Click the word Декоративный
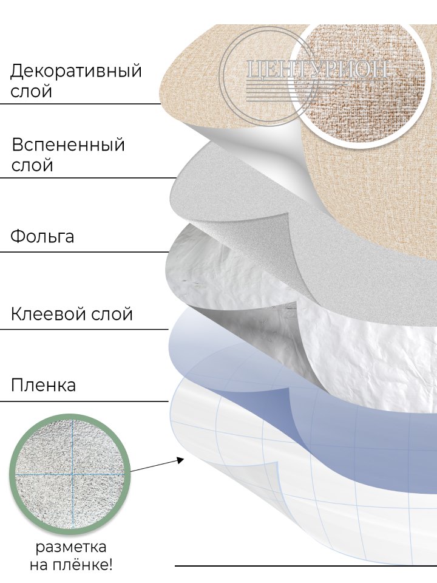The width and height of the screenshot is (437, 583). [x=76, y=71]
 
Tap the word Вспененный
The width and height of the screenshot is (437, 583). [x=68, y=145]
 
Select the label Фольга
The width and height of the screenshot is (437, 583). [x=42, y=236]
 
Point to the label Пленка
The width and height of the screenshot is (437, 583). [x=43, y=385]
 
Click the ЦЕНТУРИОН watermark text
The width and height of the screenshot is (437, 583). [x=316, y=69]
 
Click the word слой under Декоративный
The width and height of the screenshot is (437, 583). [x=31, y=92]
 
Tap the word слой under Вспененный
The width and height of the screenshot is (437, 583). [x=32, y=165]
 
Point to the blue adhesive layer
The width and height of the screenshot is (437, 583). [x=364, y=437]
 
